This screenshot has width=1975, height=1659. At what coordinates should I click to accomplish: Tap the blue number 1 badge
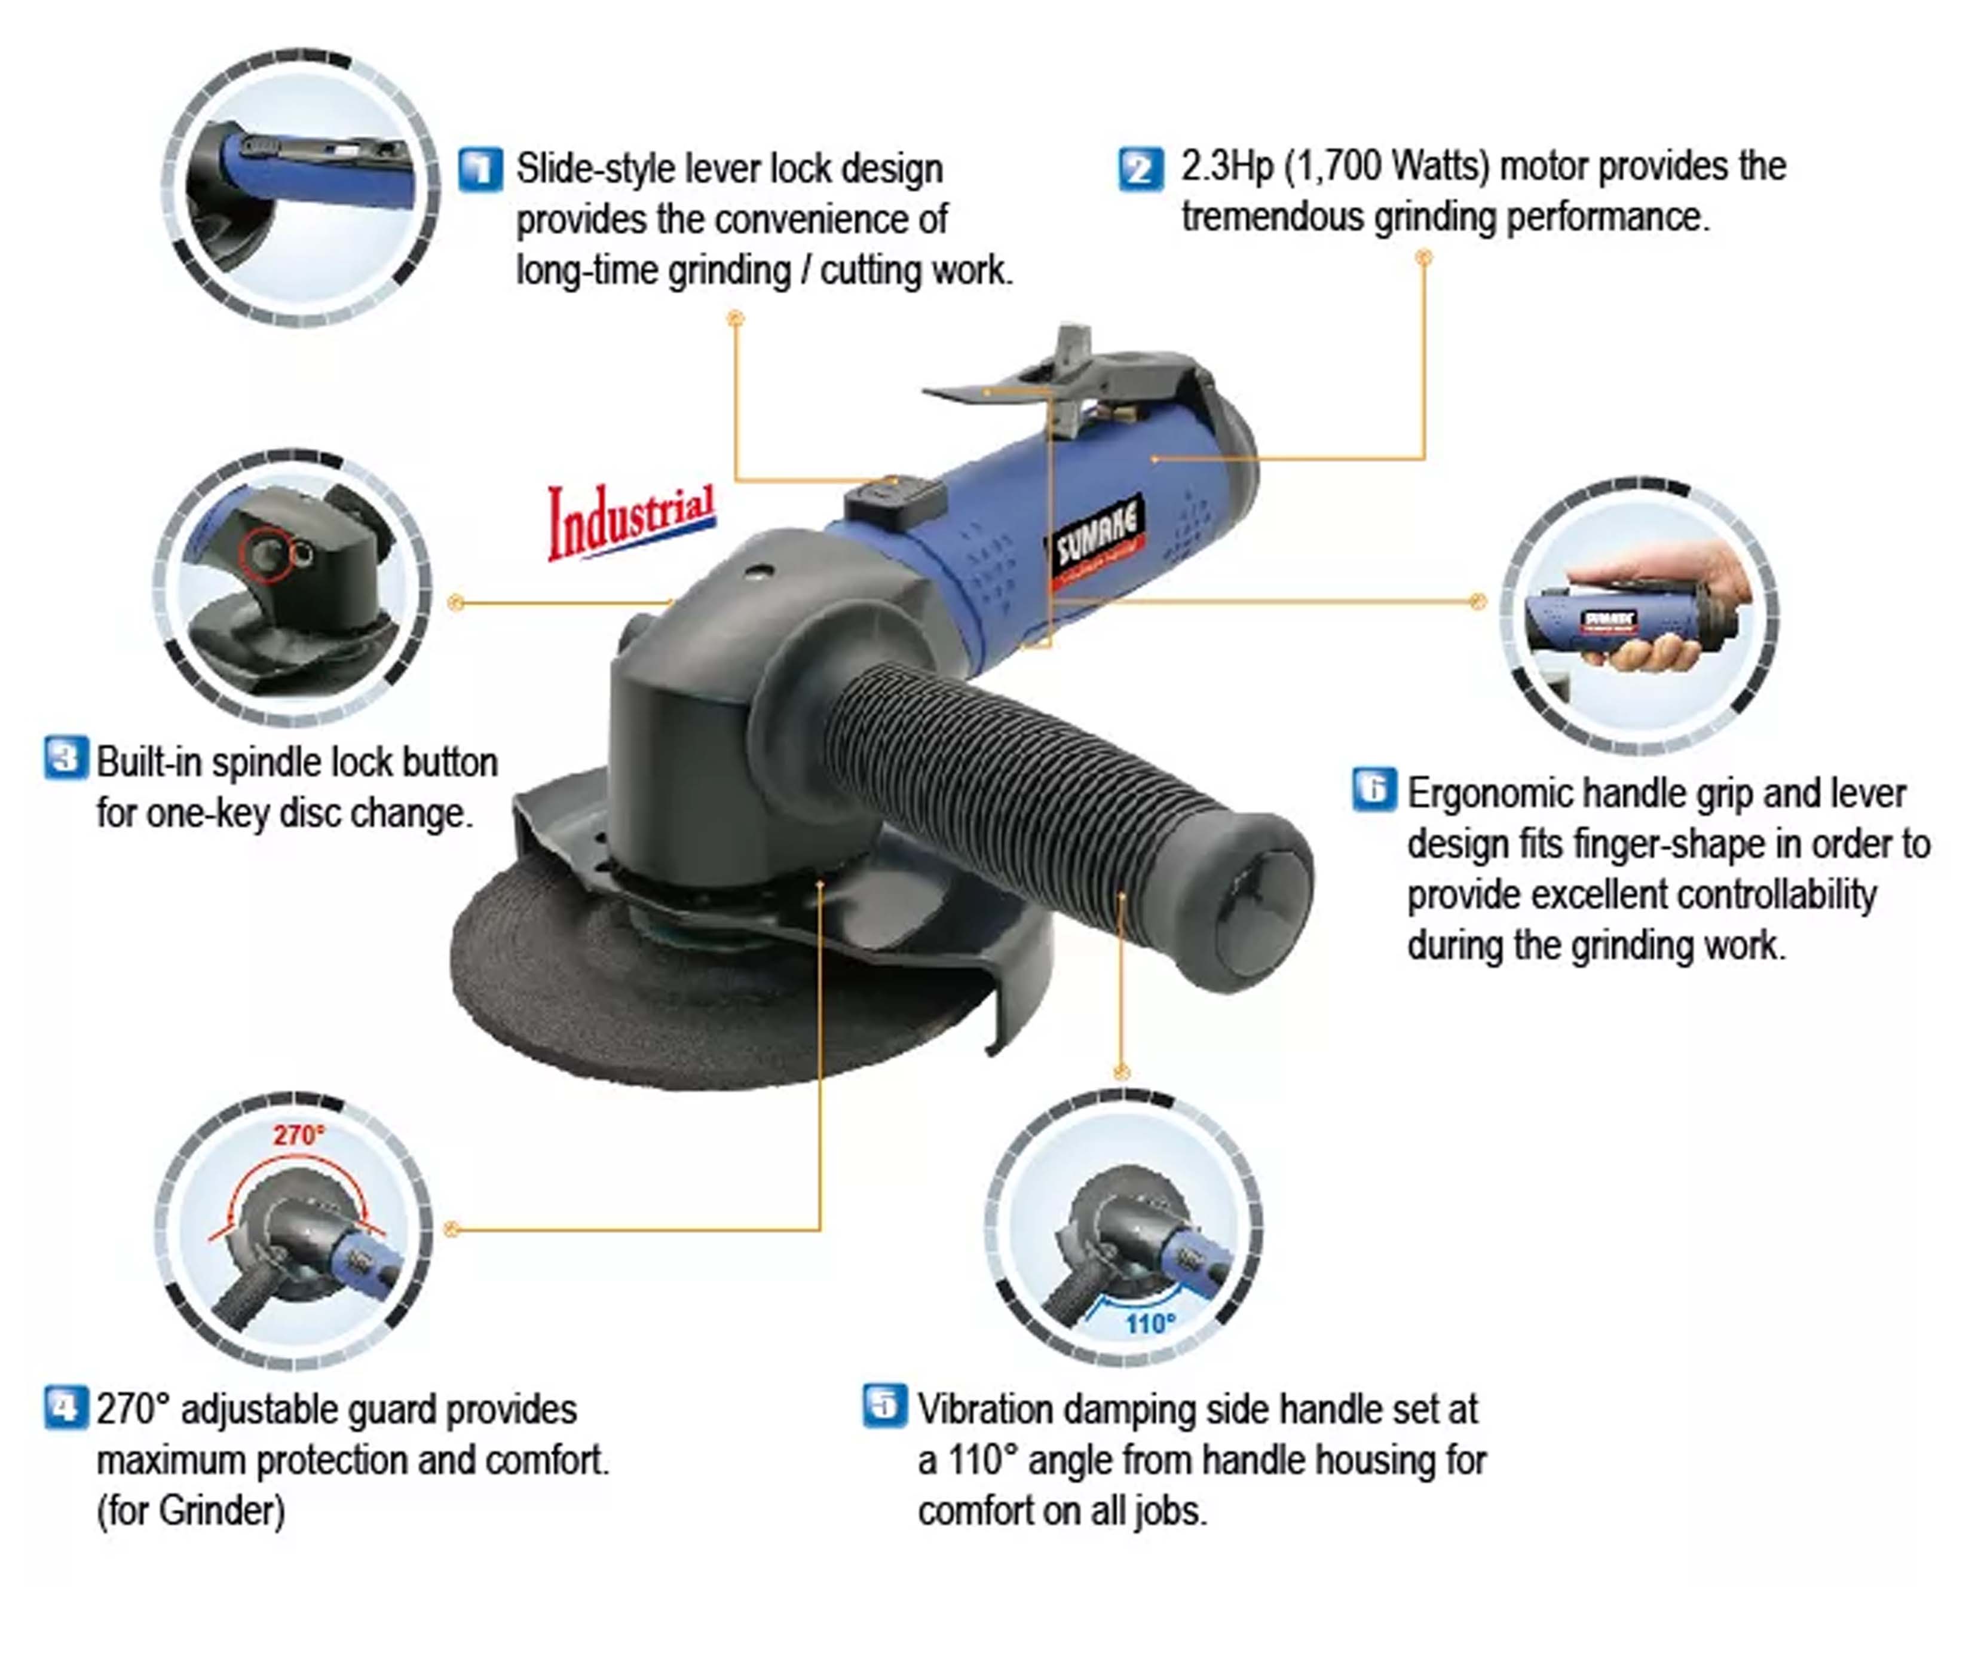click(480, 169)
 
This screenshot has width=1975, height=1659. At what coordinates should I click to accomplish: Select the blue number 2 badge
click(1141, 169)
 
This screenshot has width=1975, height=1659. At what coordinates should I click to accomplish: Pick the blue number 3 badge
click(66, 758)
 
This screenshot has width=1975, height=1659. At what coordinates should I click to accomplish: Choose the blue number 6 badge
click(1374, 789)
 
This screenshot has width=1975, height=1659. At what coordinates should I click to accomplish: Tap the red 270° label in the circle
click(298, 1135)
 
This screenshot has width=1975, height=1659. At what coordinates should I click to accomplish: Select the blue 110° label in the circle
click(1150, 1324)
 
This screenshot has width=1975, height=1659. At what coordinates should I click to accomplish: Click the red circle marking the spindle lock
click(266, 554)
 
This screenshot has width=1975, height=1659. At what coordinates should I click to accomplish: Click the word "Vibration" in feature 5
click(985, 1410)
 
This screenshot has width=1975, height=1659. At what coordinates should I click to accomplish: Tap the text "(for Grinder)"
click(191, 1511)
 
